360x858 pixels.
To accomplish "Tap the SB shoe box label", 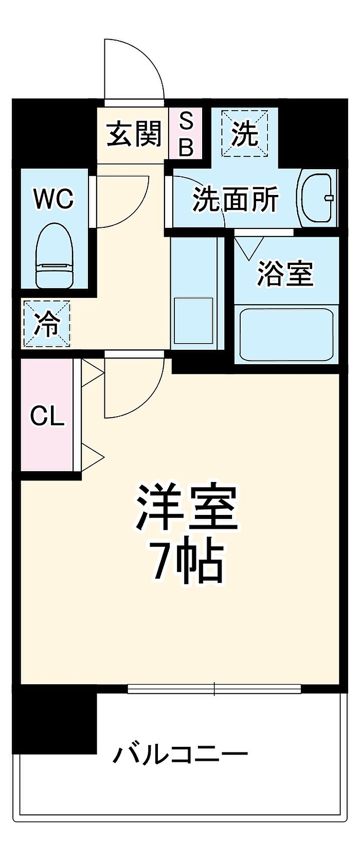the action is coord(186,134).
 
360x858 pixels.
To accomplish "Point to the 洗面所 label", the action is coord(236,200).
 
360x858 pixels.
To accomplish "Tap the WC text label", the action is coord(53,199).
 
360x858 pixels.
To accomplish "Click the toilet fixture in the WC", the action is coord(55,255).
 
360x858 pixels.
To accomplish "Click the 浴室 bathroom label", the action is coord(285,273).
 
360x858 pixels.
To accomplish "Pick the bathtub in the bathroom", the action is coord(286,334).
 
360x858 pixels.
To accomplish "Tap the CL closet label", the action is coord(47,416).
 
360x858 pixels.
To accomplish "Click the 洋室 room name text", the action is coord(186,508).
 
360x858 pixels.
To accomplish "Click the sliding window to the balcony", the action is coord(214,688).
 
